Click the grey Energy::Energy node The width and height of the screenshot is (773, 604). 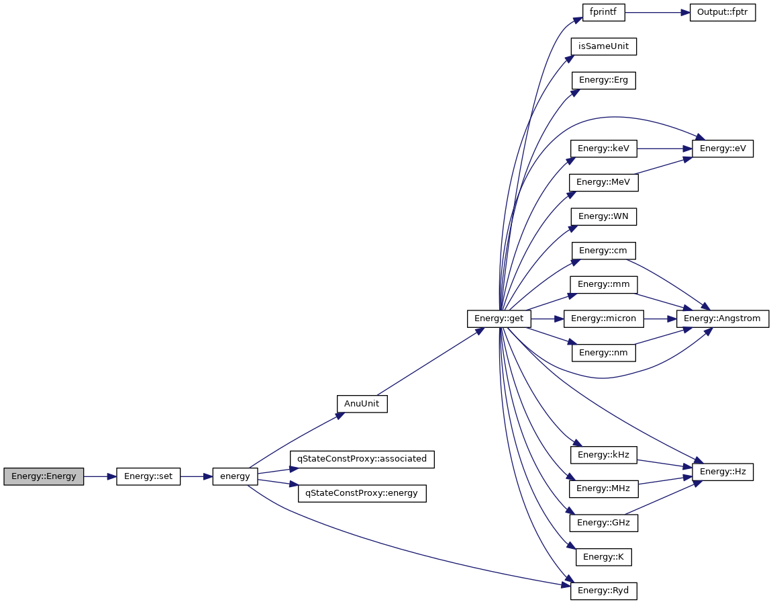(x=44, y=476)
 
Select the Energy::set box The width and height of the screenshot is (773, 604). (x=148, y=476)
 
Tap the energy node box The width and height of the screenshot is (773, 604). (x=235, y=476)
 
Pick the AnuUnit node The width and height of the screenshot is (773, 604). (x=362, y=404)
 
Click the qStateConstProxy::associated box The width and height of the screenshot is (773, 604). (x=362, y=459)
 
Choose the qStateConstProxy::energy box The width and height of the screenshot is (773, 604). (x=362, y=493)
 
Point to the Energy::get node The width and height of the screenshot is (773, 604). (x=499, y=318)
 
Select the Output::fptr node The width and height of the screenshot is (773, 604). (x=723, y=12)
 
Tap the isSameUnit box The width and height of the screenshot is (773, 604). (x=603, y=46)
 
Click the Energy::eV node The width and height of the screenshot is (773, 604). (x=723, y=148)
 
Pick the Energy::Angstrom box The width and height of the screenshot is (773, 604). (x=723, y=318)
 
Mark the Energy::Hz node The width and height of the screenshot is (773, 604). (x=723, y=472)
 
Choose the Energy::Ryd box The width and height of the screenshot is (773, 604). (x=603, y=591)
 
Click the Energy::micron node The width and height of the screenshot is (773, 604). (x=603, y=318)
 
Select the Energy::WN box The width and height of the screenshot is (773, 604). (x=603, y=216)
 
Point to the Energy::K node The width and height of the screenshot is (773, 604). (x=603, y=556)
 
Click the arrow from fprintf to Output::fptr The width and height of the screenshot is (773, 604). (x=658, y=12)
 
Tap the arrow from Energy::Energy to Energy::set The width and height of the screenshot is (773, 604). (x=100, y=476)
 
